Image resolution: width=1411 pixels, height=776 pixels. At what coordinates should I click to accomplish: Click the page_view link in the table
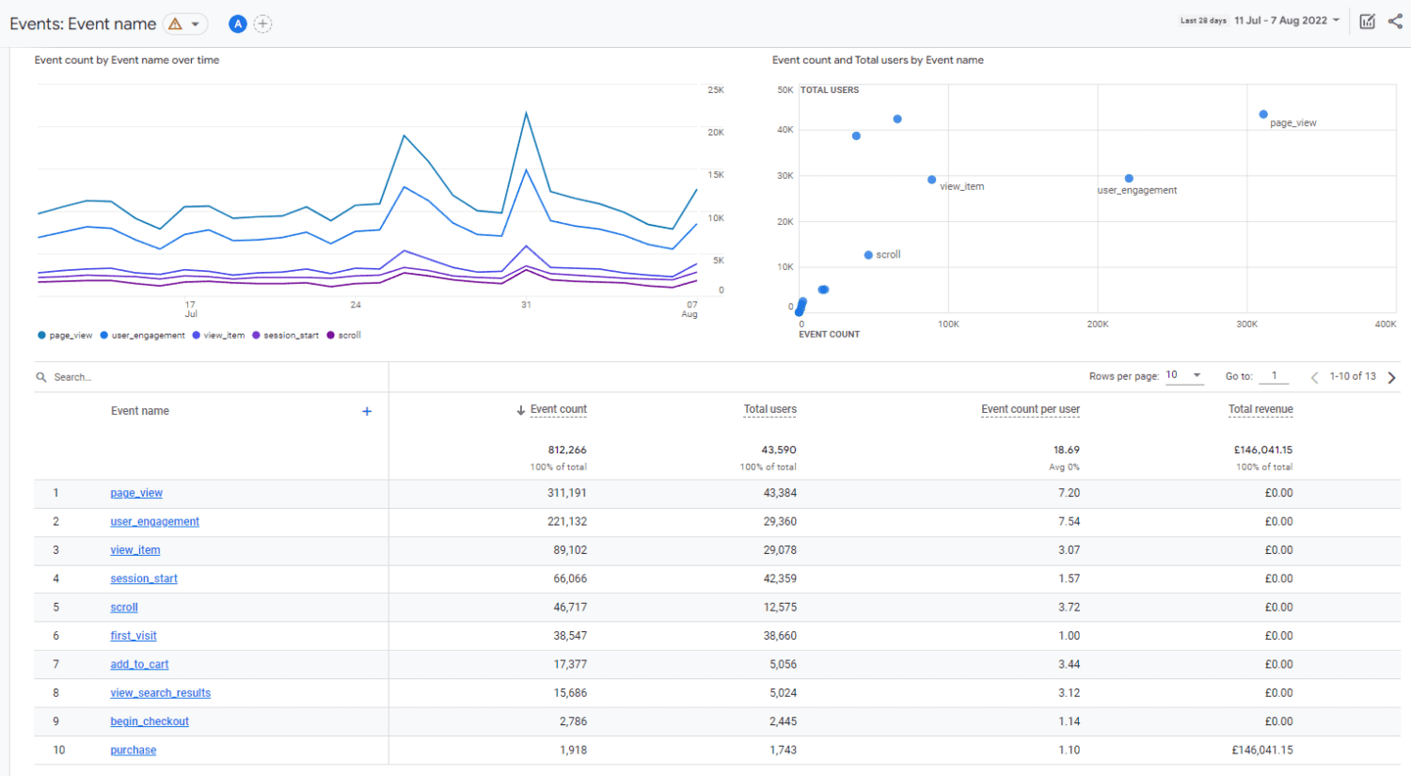pos(136,493)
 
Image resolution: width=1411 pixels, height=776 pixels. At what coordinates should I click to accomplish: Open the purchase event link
pos(134,751)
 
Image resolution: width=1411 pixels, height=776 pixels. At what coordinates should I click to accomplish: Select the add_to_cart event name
pos(139,664)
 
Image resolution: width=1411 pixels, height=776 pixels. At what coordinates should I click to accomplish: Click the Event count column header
pos(558,409)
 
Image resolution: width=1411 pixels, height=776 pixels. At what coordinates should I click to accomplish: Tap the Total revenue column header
pos(1260,409)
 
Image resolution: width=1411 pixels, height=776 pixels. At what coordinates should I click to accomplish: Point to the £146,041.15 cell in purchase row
pos(1262,751)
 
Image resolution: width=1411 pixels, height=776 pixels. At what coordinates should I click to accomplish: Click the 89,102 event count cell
pos(570,550)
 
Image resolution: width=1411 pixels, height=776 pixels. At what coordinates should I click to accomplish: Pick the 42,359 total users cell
pos(780,578)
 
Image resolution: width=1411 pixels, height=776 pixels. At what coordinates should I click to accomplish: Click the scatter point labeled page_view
pos(1263,115)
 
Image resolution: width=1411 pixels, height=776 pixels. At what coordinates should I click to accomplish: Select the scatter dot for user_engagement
pos(1129,179)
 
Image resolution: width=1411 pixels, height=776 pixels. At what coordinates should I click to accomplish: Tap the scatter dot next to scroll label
pos(868,255)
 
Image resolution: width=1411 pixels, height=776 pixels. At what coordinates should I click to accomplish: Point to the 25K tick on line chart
pos(716,90)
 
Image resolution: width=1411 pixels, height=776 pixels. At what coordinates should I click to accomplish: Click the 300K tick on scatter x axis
pos(1246,325)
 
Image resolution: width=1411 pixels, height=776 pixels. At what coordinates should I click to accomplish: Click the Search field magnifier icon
pos(41,377)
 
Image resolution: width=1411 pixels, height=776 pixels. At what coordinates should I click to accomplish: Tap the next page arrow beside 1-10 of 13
pos(1392,377)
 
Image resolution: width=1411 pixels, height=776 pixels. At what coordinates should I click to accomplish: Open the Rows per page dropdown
pos(1184,375)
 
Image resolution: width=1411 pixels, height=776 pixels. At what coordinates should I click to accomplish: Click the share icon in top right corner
pos(1394,21)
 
